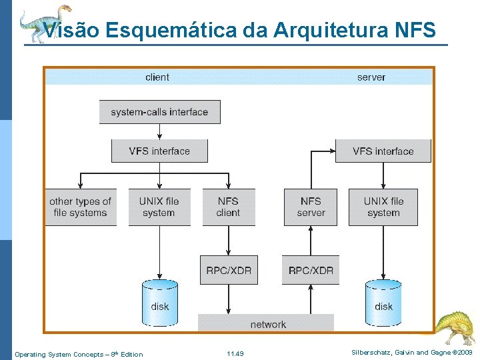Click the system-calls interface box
[x=159, y=112]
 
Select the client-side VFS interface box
[x=159, y=151]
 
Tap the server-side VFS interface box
[x=383, y=151]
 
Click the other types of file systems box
[x=80, y=207]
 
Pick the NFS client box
[x=228, y=207]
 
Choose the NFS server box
[x=311, y=207]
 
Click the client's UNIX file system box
[x=159, y=207]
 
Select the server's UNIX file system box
[x=383, y=207]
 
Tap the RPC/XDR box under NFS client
[x=228, y=270]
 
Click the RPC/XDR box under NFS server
[x=311, y=270]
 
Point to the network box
[x=267, y=324]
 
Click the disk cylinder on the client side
[x=159, y=303]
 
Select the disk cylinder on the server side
[x=383, y=303]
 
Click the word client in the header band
[x=157, y=77]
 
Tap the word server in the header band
[x=371, y=77]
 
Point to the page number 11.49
[x=235, y=354]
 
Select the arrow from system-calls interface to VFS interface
[x=159, y=131]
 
